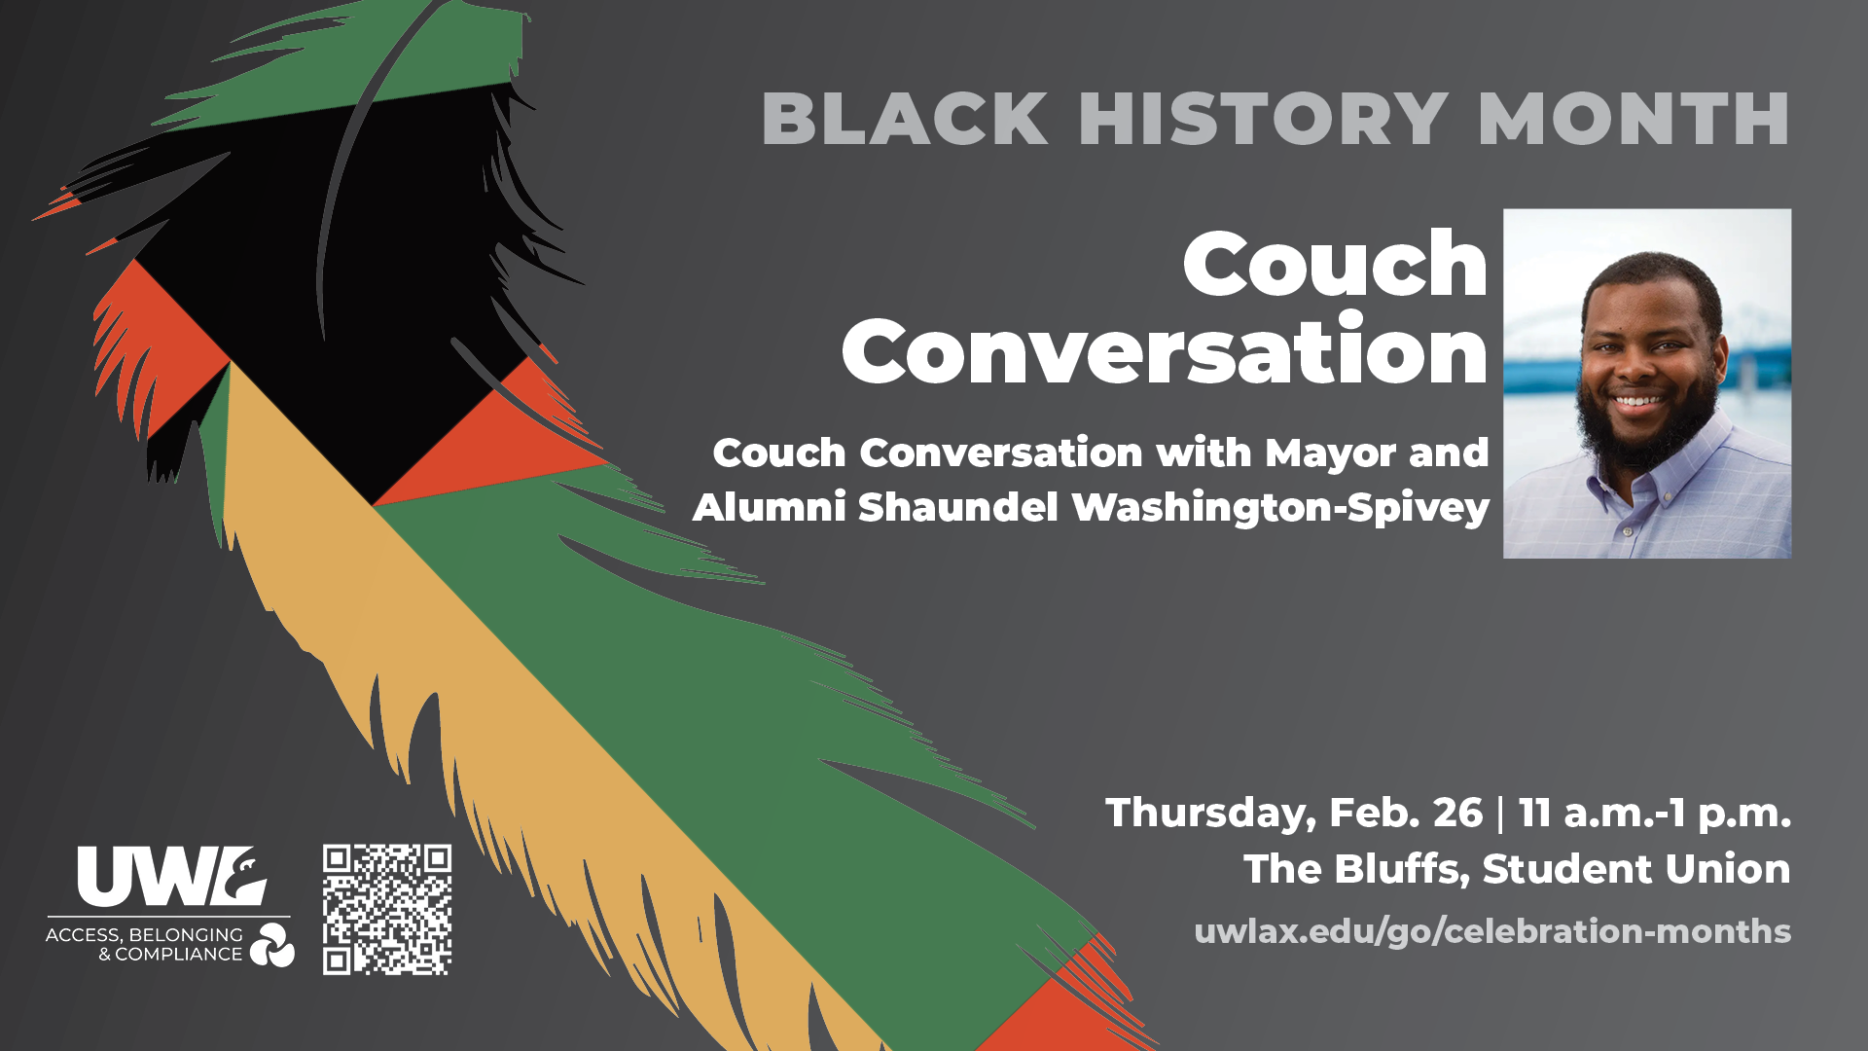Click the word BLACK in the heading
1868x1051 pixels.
(x=905, y=120)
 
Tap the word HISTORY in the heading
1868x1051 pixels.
(x=1263, y=120)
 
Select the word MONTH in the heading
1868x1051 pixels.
(x=1634, y=120)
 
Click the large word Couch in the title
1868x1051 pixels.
(x=1335, y=265)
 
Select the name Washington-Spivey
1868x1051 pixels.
(x=1280, y=508)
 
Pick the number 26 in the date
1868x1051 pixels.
(x=1457, y=813)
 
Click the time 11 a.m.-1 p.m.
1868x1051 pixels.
(x=1655, y=814)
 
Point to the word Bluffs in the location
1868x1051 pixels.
(x=1401, y=869)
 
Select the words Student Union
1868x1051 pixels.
(x=1635, y=869)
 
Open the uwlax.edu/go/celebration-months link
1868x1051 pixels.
(x=1491, y=931)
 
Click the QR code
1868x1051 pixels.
(x=387, y=909)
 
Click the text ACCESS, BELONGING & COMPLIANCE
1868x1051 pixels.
(x=146, y=944)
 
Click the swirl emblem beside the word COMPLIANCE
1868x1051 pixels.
(x=271, y=945)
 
